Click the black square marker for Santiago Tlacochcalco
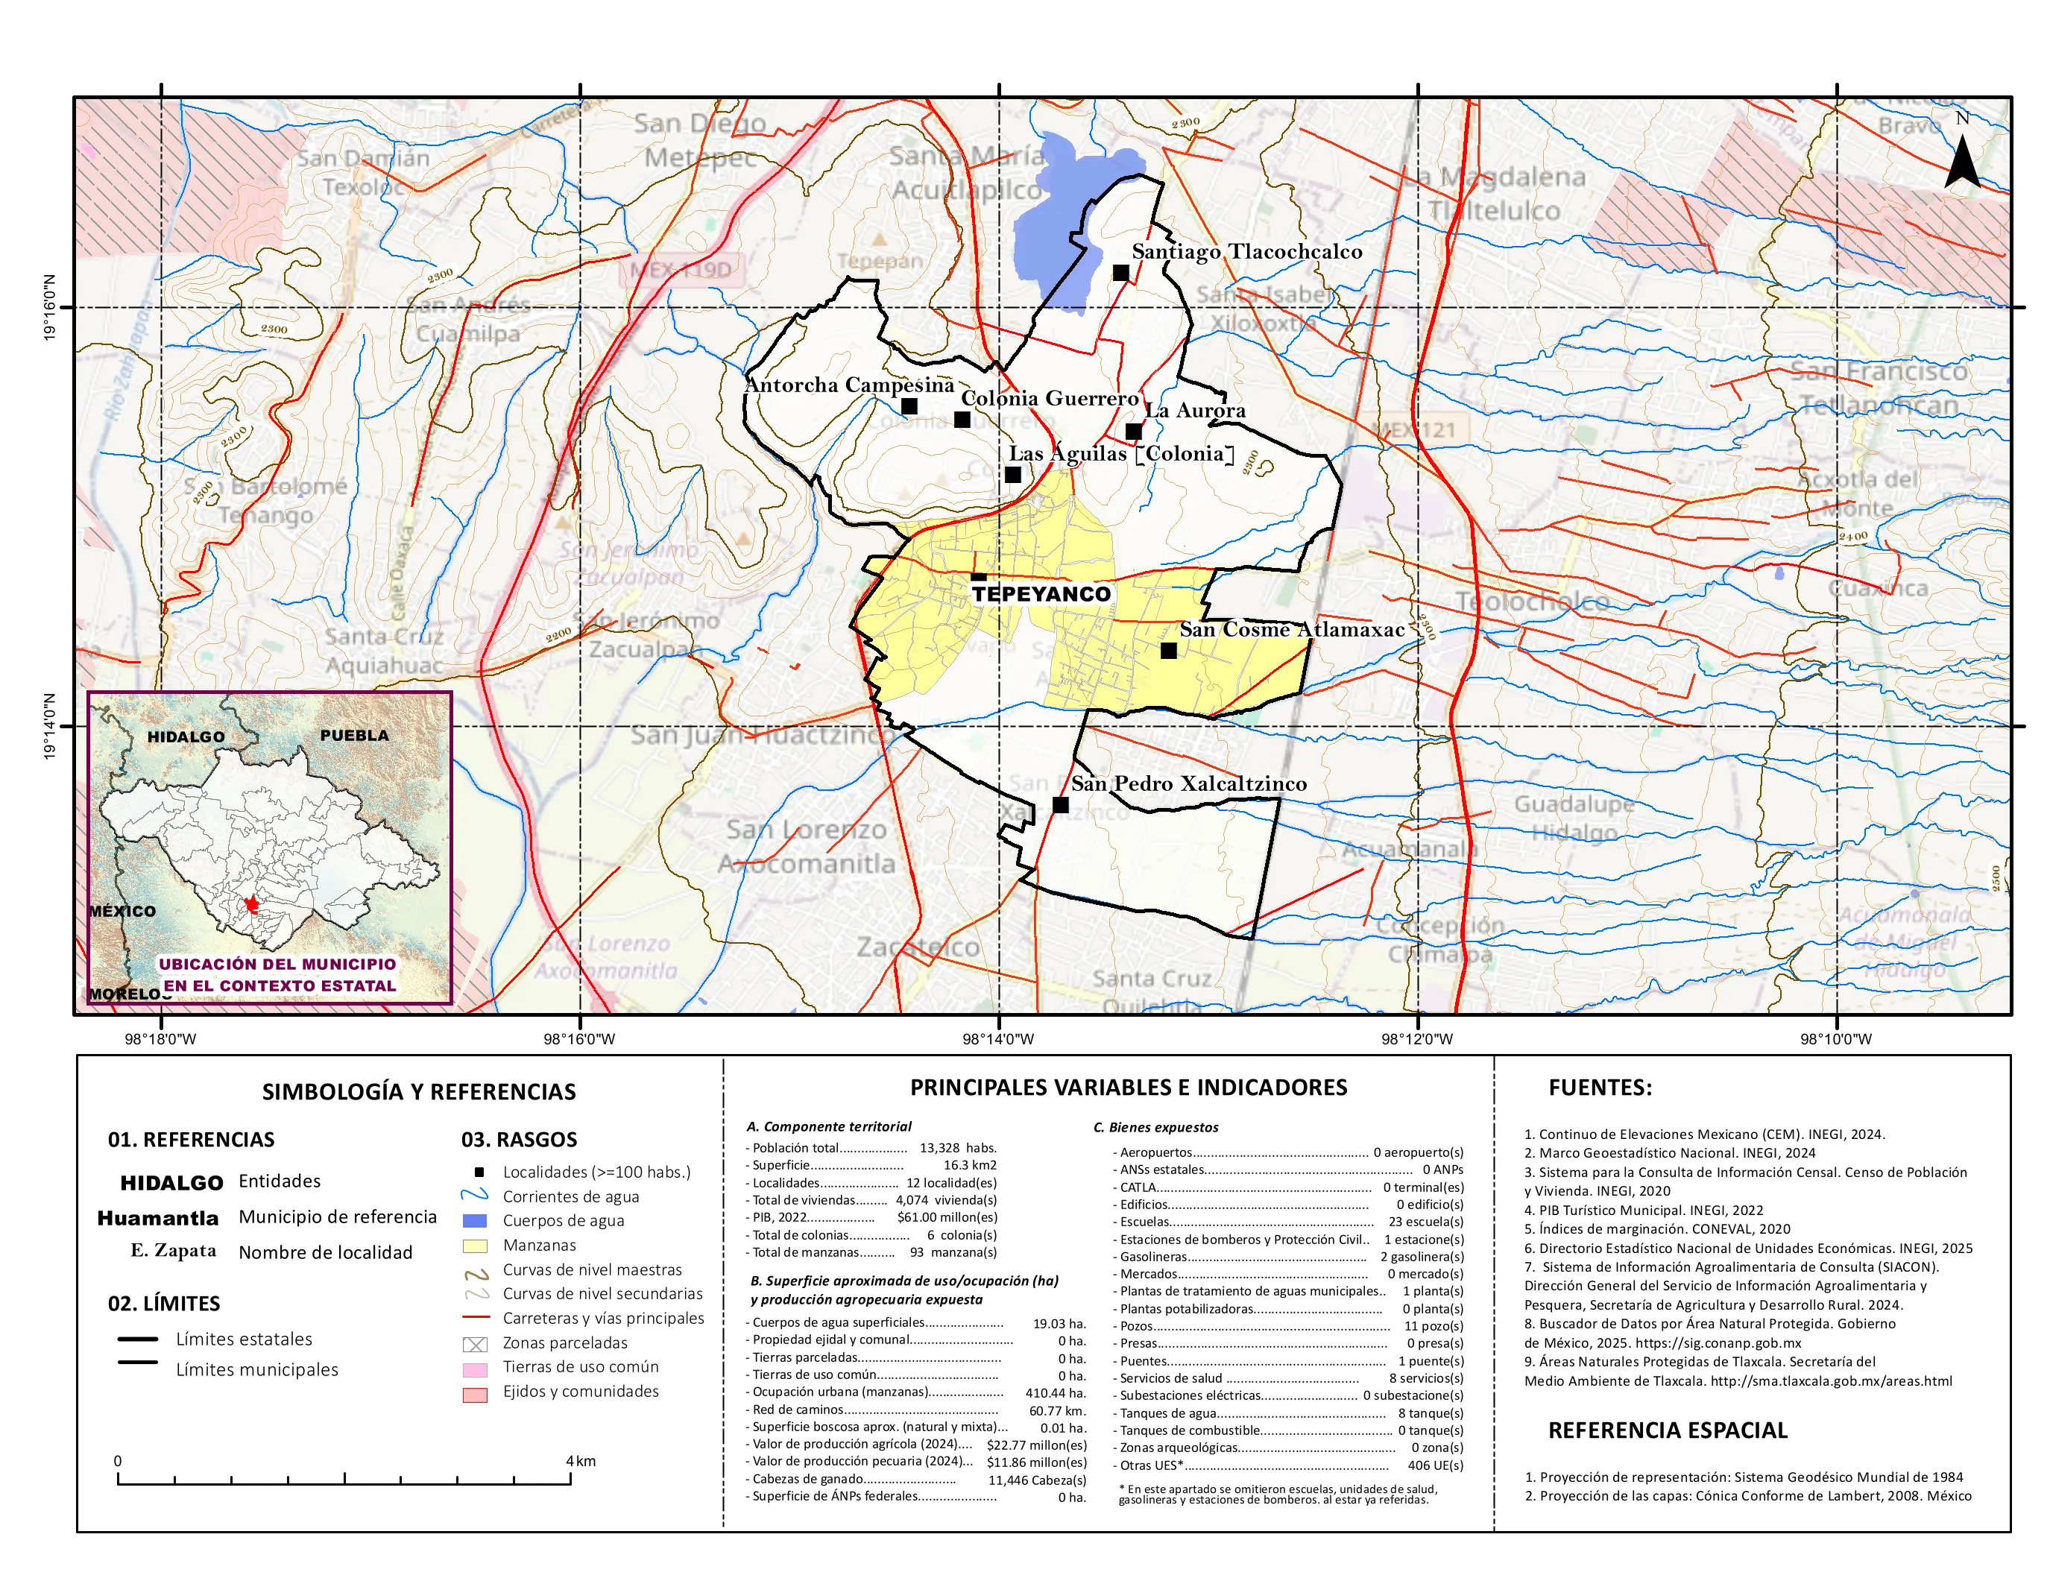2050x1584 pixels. pyautogui.click(x=1120, y=273)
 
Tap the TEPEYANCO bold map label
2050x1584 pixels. pyautogui.click(x=1041, y=594)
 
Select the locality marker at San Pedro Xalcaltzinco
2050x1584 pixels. pyautogui.click(x=1061, y=805)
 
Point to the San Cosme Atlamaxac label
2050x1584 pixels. pyautogui.click(x=1292, y=630)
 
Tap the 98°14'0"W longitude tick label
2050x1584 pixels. pyautogui.click(x=997, y=1039)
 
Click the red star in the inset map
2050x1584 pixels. pyautogui.click(x=251, y=905)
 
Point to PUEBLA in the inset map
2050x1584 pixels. pyautogui.click(x=354, y=736)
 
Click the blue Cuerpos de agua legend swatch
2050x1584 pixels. pyautogui.click(x=475, y=1221)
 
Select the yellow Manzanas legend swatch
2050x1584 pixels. pyautogui.click(x=475, y=1246)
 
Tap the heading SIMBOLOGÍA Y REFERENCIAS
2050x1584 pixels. pyautogui.click(x=419, y=1091)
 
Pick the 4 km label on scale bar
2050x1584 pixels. pyautogui.click(x=580, y=1461)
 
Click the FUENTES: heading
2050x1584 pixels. pyautogui.click(x=1600, y=1088)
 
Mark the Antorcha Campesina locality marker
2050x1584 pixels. pyautogui.click(x=909, y=406)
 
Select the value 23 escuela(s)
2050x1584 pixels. pyautogui.click(x=1425, y=1222)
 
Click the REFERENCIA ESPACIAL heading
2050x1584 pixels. pyautogui.click(x=1667, y=1430)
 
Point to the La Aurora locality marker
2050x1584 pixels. pyautogui.click(x=1134, y=432)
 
